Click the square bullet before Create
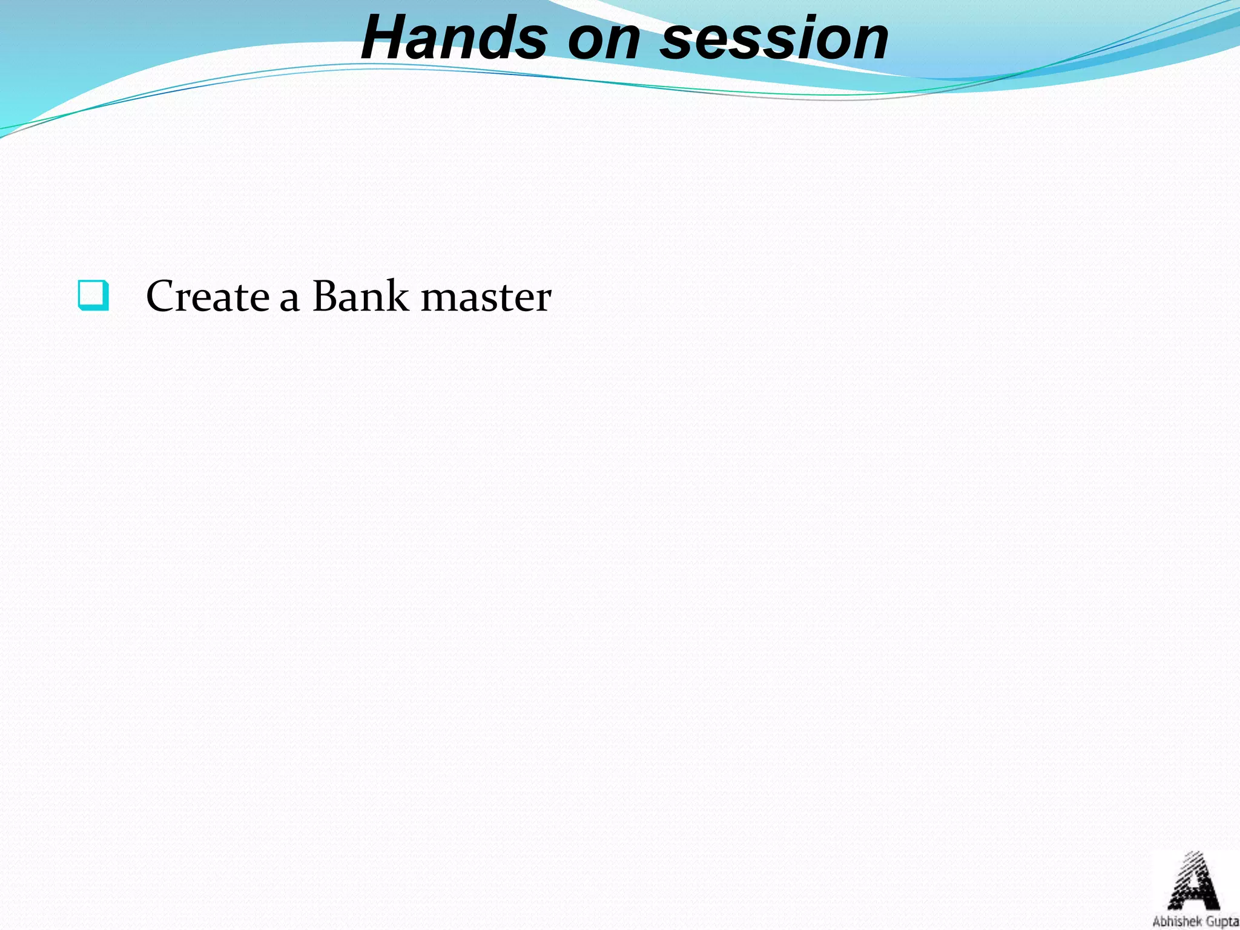94,295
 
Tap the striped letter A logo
1192,881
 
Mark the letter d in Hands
495,38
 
